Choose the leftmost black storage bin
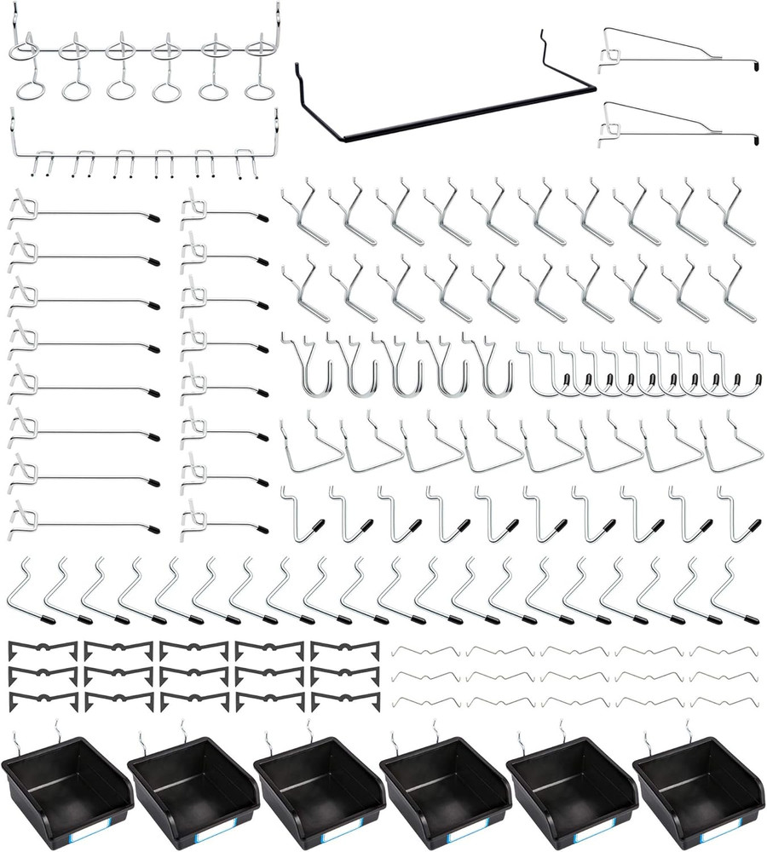tap(66, 784)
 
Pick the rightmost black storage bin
tap(697, 784)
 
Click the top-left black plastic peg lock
tap(43, 653)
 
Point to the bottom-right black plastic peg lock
tap(344, 700)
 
